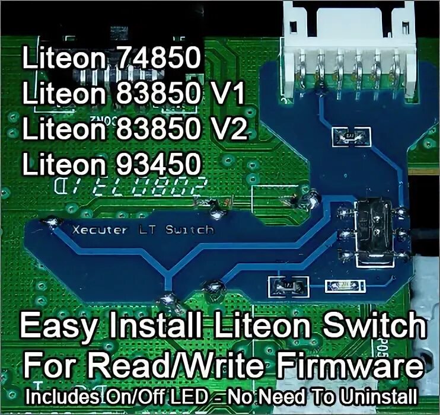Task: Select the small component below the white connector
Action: (349, 136)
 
